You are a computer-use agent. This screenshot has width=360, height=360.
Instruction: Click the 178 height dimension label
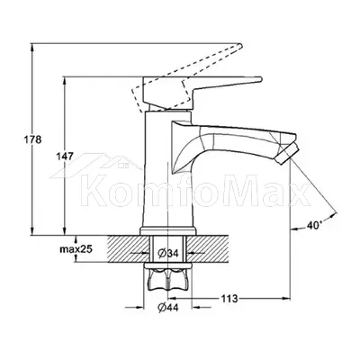point(32,139)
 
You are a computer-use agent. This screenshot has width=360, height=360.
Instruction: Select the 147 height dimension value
point(65,157)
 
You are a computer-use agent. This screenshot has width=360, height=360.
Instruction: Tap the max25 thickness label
point(76,248)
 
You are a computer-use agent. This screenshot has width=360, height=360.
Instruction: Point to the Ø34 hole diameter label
point(168,254)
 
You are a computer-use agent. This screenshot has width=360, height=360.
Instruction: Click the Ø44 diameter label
point(168,307)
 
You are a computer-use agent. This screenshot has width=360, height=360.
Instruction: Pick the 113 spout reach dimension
point(229,299)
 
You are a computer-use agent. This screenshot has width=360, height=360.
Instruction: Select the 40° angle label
point(314,224)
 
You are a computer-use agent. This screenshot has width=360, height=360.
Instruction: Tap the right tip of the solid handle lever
point(262,79)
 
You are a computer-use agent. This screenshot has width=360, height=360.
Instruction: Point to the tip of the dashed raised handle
point(240,46)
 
